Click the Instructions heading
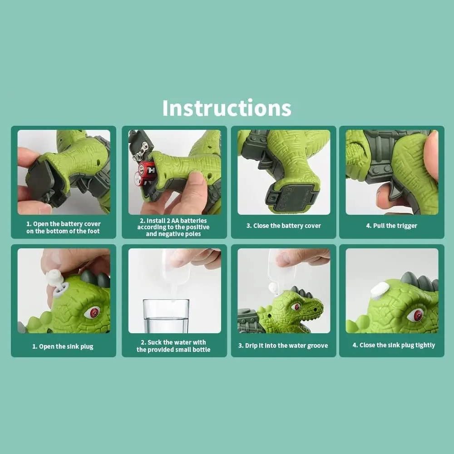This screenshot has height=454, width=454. point(227,108)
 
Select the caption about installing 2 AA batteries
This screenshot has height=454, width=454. point(173,227)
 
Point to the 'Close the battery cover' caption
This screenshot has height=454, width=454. point(283,226)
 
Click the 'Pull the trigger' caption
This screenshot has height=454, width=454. point(391,226)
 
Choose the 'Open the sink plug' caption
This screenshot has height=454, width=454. point(63,346)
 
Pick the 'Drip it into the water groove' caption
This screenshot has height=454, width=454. point(283,345)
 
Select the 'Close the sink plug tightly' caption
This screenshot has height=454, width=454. point(394,345)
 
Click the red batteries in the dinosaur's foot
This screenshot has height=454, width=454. point(145,173)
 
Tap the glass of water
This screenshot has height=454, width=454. point(166,316)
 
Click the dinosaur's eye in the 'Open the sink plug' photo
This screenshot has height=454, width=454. point(92,312)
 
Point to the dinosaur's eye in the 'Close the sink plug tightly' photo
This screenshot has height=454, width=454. point(416,315)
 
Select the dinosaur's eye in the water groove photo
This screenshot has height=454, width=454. point(296,307)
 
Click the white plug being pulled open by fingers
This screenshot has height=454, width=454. point(55,278)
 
